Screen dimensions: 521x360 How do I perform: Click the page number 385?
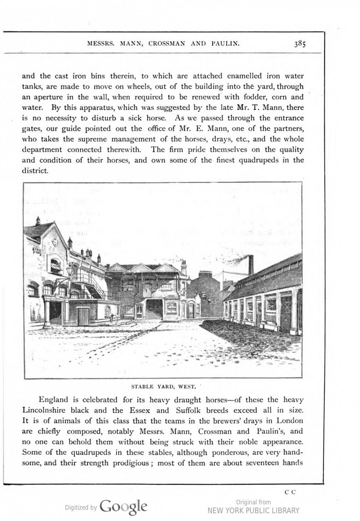300,44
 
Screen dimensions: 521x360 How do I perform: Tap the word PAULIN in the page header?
225,43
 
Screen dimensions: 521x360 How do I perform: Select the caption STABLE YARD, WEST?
164,386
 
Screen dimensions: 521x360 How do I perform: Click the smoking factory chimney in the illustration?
251,264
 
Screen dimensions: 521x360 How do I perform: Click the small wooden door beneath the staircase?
83,317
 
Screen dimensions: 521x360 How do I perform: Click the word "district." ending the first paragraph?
35,171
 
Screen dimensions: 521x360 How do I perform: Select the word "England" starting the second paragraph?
53,400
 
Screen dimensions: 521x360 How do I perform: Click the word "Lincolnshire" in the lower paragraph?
44,410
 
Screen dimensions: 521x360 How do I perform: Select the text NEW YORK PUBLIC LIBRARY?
253,511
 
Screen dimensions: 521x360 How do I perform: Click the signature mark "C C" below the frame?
290,492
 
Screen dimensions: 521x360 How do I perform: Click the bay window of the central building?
171,307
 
